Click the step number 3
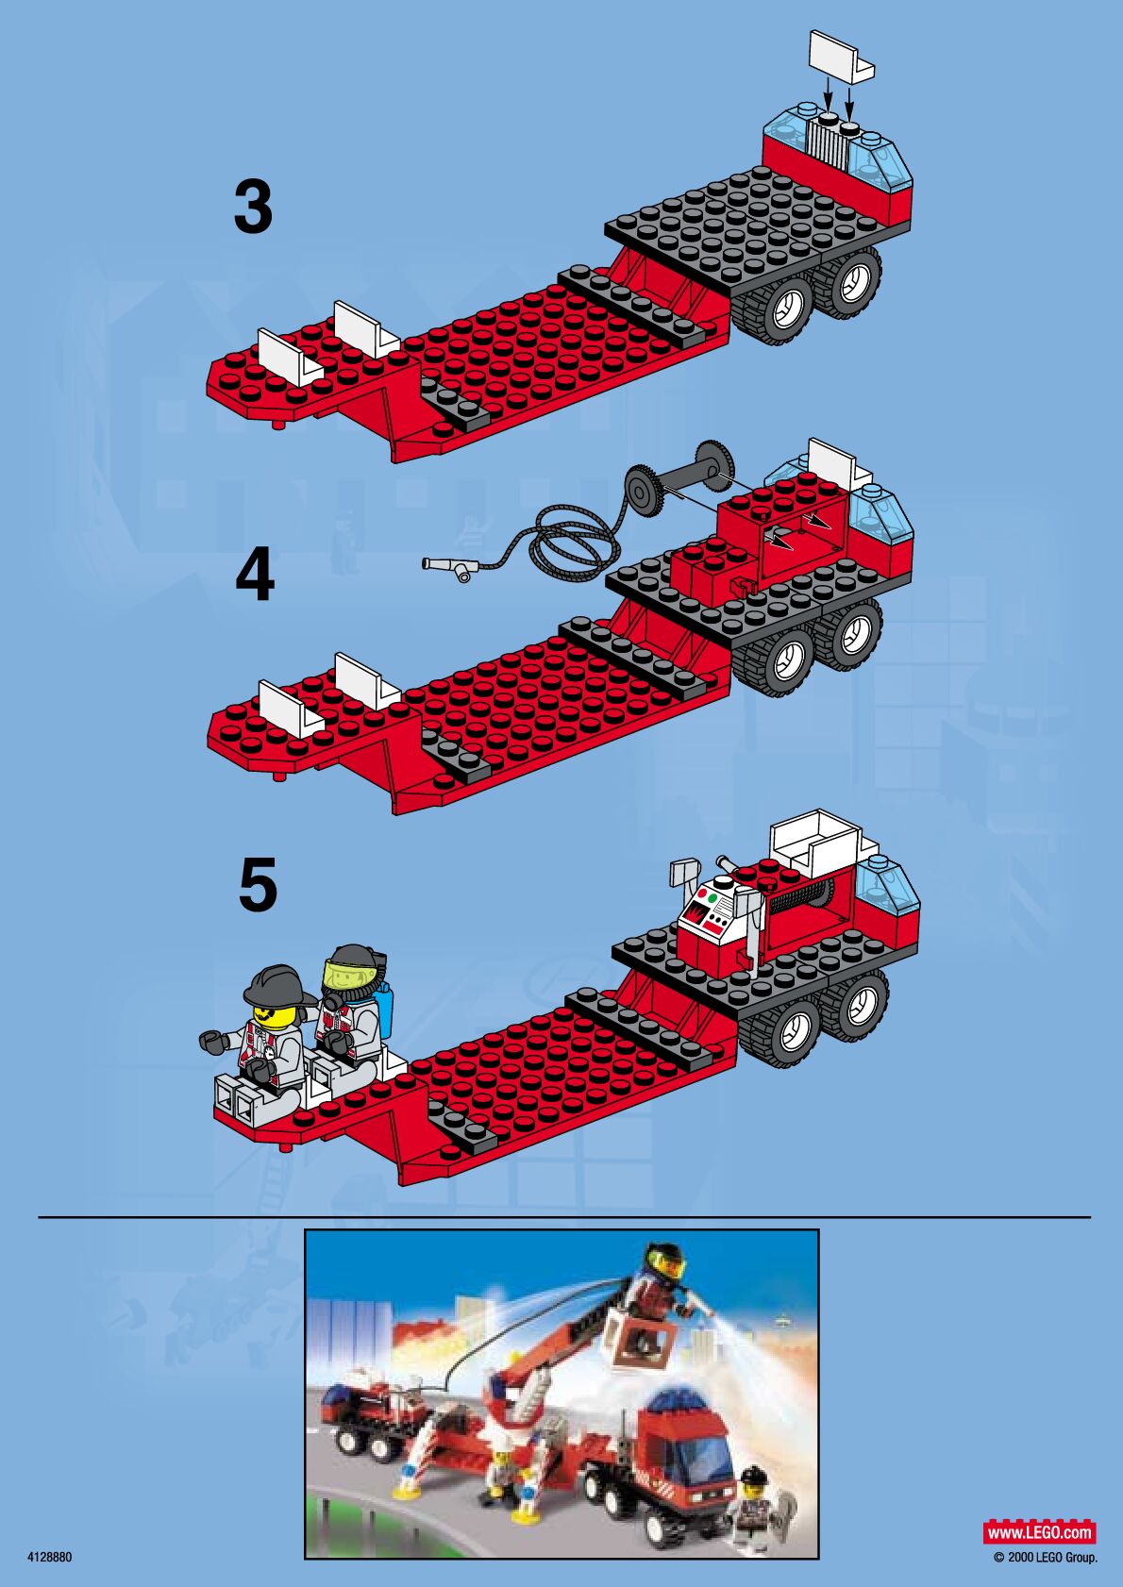254,207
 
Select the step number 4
255,576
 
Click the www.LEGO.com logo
1039,1531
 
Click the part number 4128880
50,1557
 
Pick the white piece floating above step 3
841,56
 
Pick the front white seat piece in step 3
292,358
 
